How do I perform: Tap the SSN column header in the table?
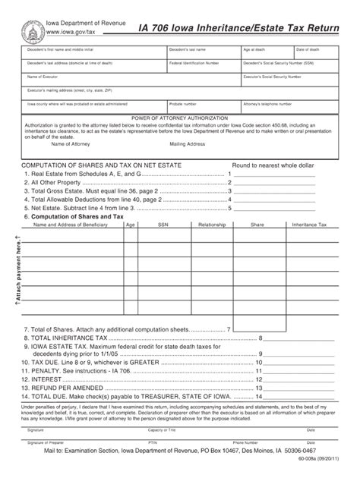tap(163, 225)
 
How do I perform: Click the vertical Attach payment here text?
tap(13, 274)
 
